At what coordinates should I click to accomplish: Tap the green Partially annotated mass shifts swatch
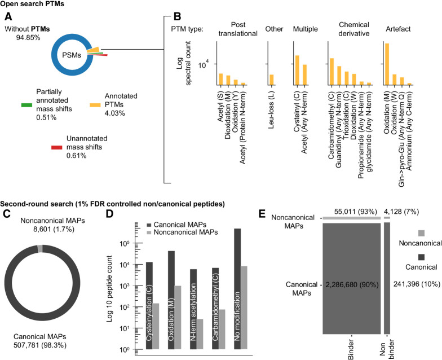(x=26, y=105)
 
